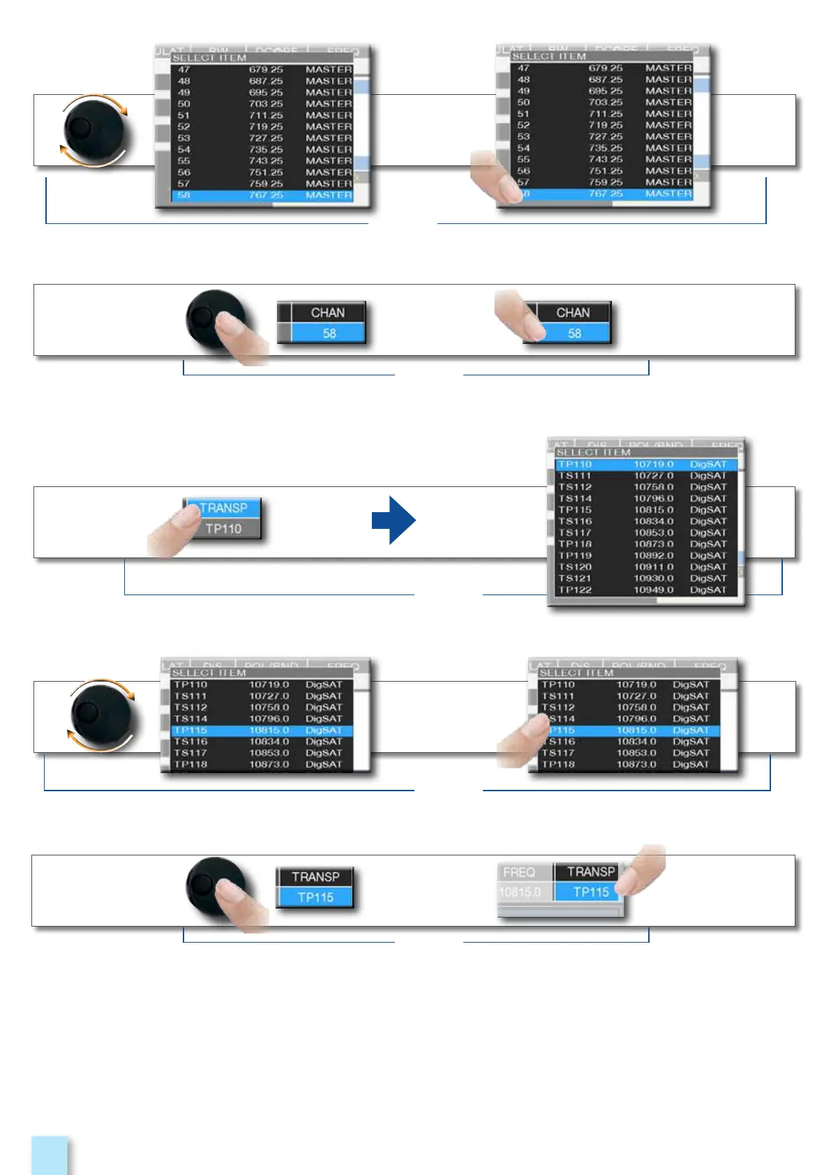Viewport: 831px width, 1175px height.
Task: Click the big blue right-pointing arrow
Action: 394,520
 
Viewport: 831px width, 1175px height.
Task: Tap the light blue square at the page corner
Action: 50,1155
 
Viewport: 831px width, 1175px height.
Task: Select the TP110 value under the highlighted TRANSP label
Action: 223,529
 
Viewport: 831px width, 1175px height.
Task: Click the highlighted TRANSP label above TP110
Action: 223,508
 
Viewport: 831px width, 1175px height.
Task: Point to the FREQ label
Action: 519,872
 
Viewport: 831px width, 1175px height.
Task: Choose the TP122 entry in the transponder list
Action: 575,590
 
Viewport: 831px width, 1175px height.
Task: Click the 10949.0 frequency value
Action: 653,590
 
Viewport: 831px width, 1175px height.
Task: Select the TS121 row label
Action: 575,578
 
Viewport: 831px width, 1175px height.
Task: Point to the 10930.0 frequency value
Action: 653,578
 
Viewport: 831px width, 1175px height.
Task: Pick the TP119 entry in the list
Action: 575,555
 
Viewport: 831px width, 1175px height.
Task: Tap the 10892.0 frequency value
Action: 653,555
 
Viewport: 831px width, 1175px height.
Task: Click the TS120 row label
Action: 575,567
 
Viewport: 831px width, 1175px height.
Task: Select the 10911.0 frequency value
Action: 653,567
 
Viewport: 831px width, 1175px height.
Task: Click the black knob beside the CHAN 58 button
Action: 209,317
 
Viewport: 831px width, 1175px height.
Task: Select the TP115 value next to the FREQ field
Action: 590,892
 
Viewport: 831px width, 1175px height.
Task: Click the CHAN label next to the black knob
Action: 328,313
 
